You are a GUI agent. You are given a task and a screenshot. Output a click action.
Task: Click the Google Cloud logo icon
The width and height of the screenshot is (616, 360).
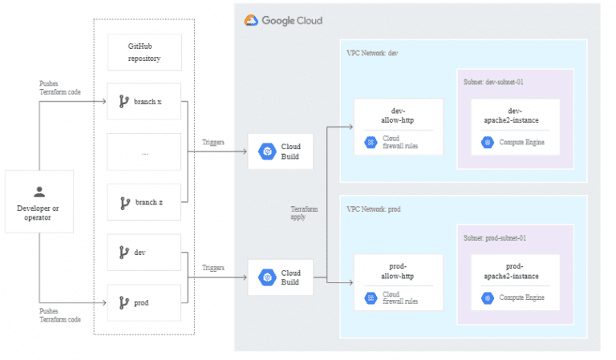tap(251, 21)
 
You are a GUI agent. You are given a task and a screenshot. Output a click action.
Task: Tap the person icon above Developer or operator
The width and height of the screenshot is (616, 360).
tap(38, 192)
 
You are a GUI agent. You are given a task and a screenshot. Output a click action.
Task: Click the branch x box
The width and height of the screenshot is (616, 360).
tap(144, 102)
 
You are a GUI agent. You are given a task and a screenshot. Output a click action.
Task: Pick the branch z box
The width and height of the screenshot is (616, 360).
tap(144, 202)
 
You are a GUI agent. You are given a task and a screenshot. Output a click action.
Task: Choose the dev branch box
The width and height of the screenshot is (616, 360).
tap(144, 252)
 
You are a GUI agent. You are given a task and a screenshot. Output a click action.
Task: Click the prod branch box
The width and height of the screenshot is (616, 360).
tap(144, 302)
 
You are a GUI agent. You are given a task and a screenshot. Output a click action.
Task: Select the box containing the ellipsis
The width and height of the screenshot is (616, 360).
tap(144, 152)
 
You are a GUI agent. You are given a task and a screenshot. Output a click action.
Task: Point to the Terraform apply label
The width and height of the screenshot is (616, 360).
tap(304, 212)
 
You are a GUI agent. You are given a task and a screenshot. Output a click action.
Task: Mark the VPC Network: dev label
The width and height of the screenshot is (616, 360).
tap(372, 53)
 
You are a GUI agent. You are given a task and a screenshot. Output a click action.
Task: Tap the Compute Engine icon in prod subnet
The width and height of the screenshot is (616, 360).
tap(487, 297)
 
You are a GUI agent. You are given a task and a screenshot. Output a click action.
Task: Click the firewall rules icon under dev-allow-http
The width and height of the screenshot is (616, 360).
tap(371, 143)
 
